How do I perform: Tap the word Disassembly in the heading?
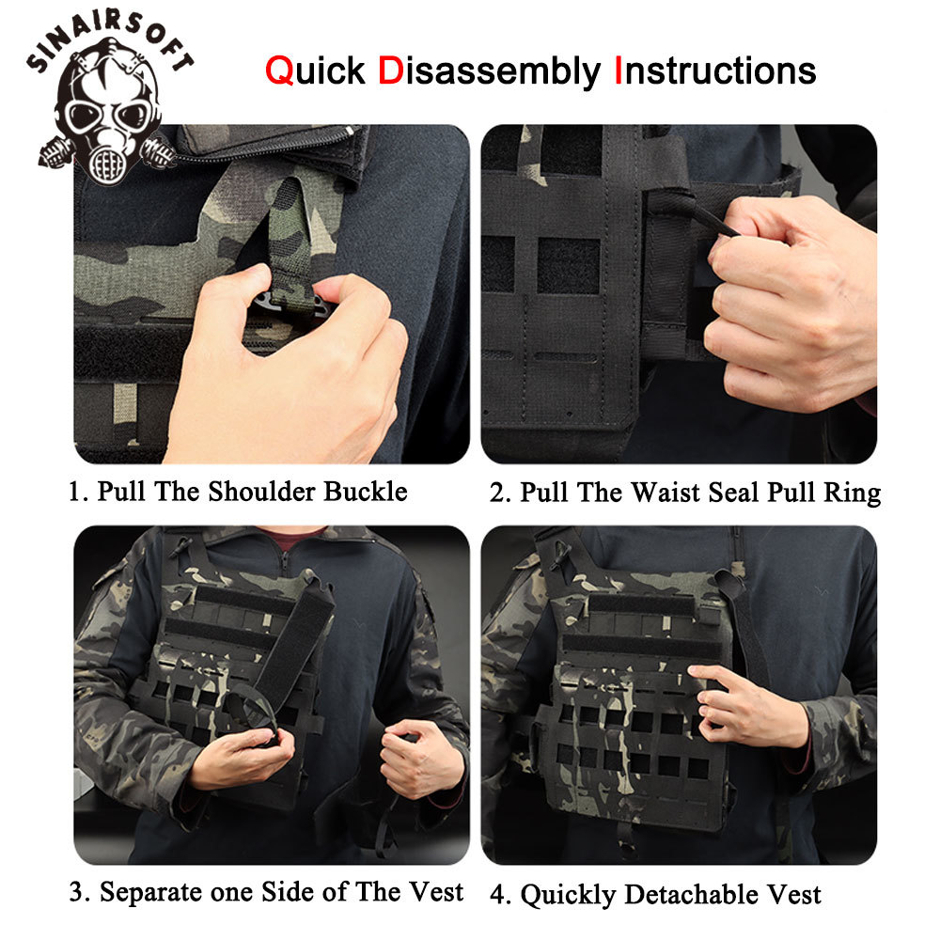(x=489, y=71)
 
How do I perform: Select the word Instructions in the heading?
(x=714, y=71)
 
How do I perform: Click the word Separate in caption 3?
(x=149, y=891)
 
